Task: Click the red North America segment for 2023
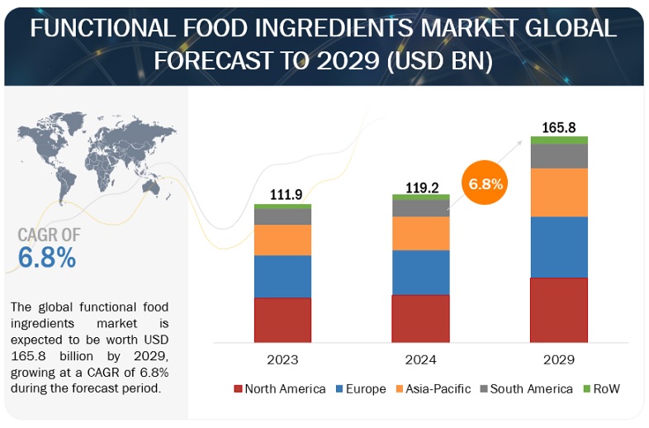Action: [x=282, y=320]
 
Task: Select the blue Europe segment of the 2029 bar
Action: [x=559, y=247]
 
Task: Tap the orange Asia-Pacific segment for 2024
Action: [x=420, y=234]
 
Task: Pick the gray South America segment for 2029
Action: [x=559, y=156]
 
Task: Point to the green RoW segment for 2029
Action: [x=559, y=140]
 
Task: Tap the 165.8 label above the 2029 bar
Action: [x=559, y=127]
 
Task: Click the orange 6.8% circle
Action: [x=485, y=183]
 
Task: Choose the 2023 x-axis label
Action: [x=282, y=360]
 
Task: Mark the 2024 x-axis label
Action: [x=420, y=360]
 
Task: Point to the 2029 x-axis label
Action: [x=559, y=360]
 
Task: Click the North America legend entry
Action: [x=280, y=388]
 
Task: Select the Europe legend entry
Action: [x=358, y=388]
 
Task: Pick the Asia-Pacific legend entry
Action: [x=430, y=388]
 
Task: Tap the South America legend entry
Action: [x=524, y=388]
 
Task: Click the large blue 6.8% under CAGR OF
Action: [x=47, y=257]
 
